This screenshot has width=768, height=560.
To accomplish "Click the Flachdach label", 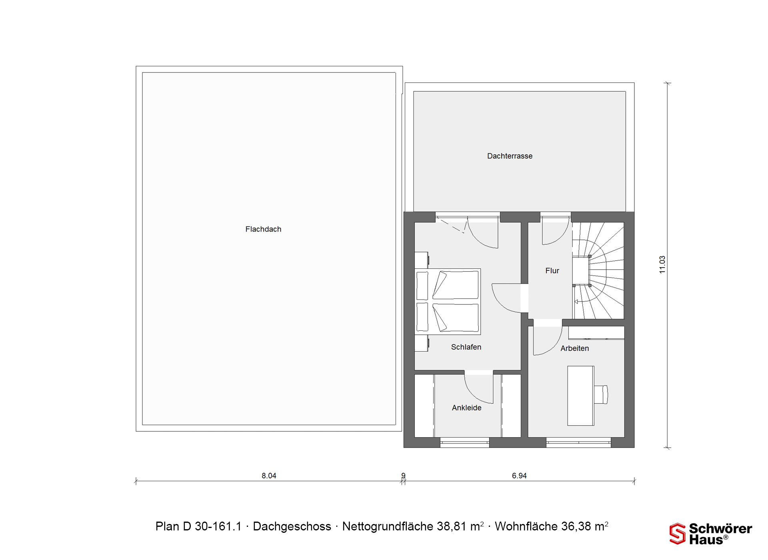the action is point(263,229).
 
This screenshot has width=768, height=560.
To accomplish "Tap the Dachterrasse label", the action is point(510,156).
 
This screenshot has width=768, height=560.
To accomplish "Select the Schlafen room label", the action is point(466,347).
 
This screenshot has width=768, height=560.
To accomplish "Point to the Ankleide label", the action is point(466,408).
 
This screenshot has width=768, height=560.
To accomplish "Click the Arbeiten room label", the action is point(574,348).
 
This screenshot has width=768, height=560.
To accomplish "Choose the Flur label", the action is point(552,271).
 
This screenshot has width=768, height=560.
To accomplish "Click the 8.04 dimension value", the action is point(269,476).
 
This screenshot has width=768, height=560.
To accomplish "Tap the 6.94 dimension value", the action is point(519,476).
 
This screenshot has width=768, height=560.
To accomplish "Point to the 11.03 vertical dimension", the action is point(662,264).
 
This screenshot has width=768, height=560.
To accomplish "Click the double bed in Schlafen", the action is point(448,301).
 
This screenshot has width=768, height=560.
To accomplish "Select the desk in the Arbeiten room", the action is point(581,396).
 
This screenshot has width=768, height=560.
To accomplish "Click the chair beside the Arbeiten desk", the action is point(601,394).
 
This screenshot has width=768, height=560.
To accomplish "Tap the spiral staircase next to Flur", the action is point(598,271).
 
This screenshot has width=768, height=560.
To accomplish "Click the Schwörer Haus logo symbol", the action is point(678,534).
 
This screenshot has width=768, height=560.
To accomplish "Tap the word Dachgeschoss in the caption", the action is point(292,526).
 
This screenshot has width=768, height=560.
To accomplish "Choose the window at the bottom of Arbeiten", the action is point(578,442).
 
